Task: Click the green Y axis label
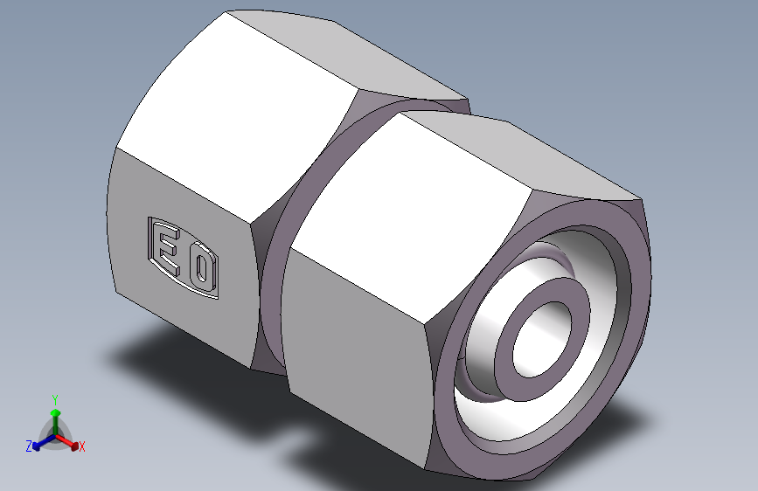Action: click(54, 399)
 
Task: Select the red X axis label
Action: click(82, 447)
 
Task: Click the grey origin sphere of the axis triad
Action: click(55, 432)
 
